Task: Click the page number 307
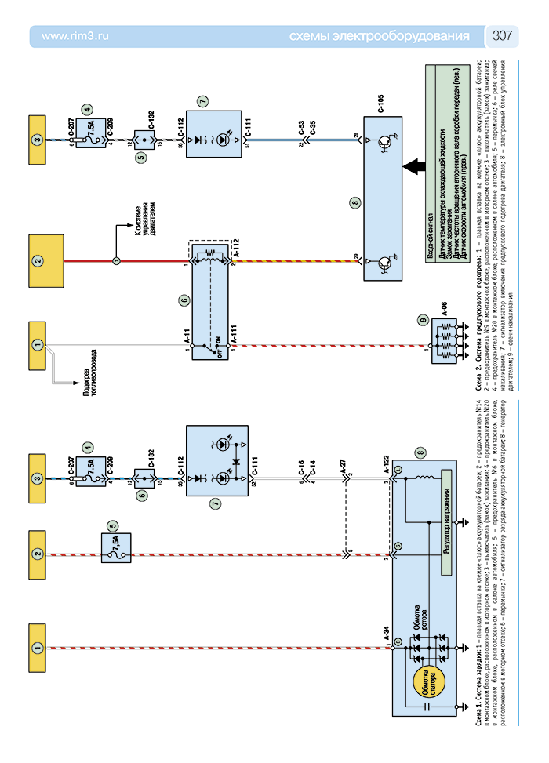pyautogui.click(x=502, y=36)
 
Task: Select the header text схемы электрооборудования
pyautogui.click(x=380, y=36)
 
